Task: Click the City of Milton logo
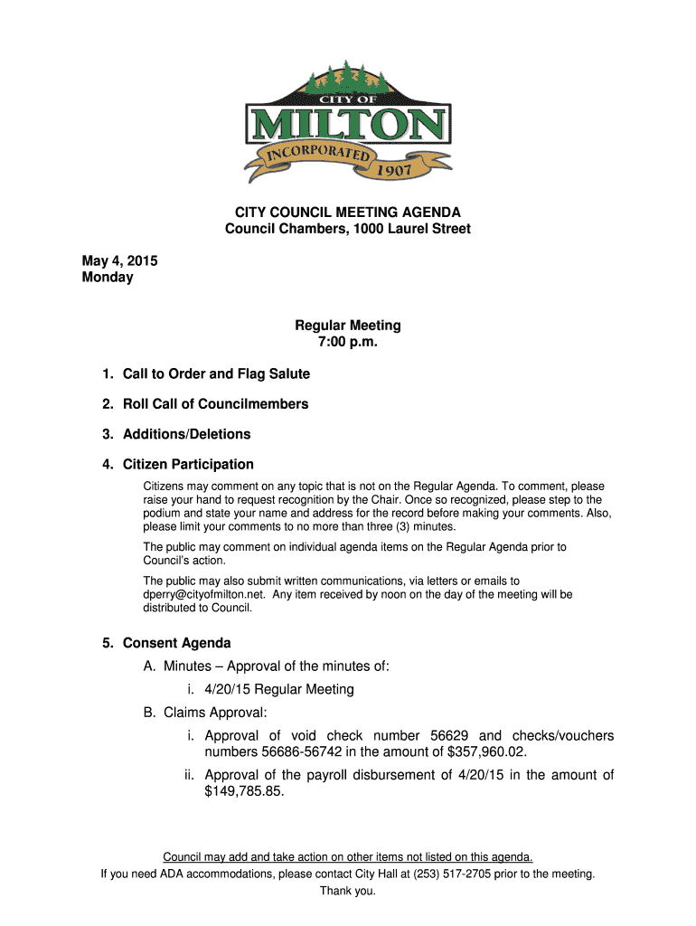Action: [348, 122]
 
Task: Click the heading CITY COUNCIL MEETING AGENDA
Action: [348, 213]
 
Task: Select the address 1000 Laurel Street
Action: [414, 230]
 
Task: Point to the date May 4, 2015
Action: [120, 260]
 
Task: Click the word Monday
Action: [108, 278]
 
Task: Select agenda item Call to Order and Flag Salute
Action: [216, 374]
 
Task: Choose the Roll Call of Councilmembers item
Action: [215, 404]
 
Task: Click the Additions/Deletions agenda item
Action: [186, 434]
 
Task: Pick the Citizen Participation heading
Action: [188, 465]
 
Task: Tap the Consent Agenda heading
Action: [176, 644]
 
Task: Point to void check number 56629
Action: [443, 736]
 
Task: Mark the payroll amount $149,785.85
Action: [244, 791]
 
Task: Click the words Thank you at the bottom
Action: [348, 892]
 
